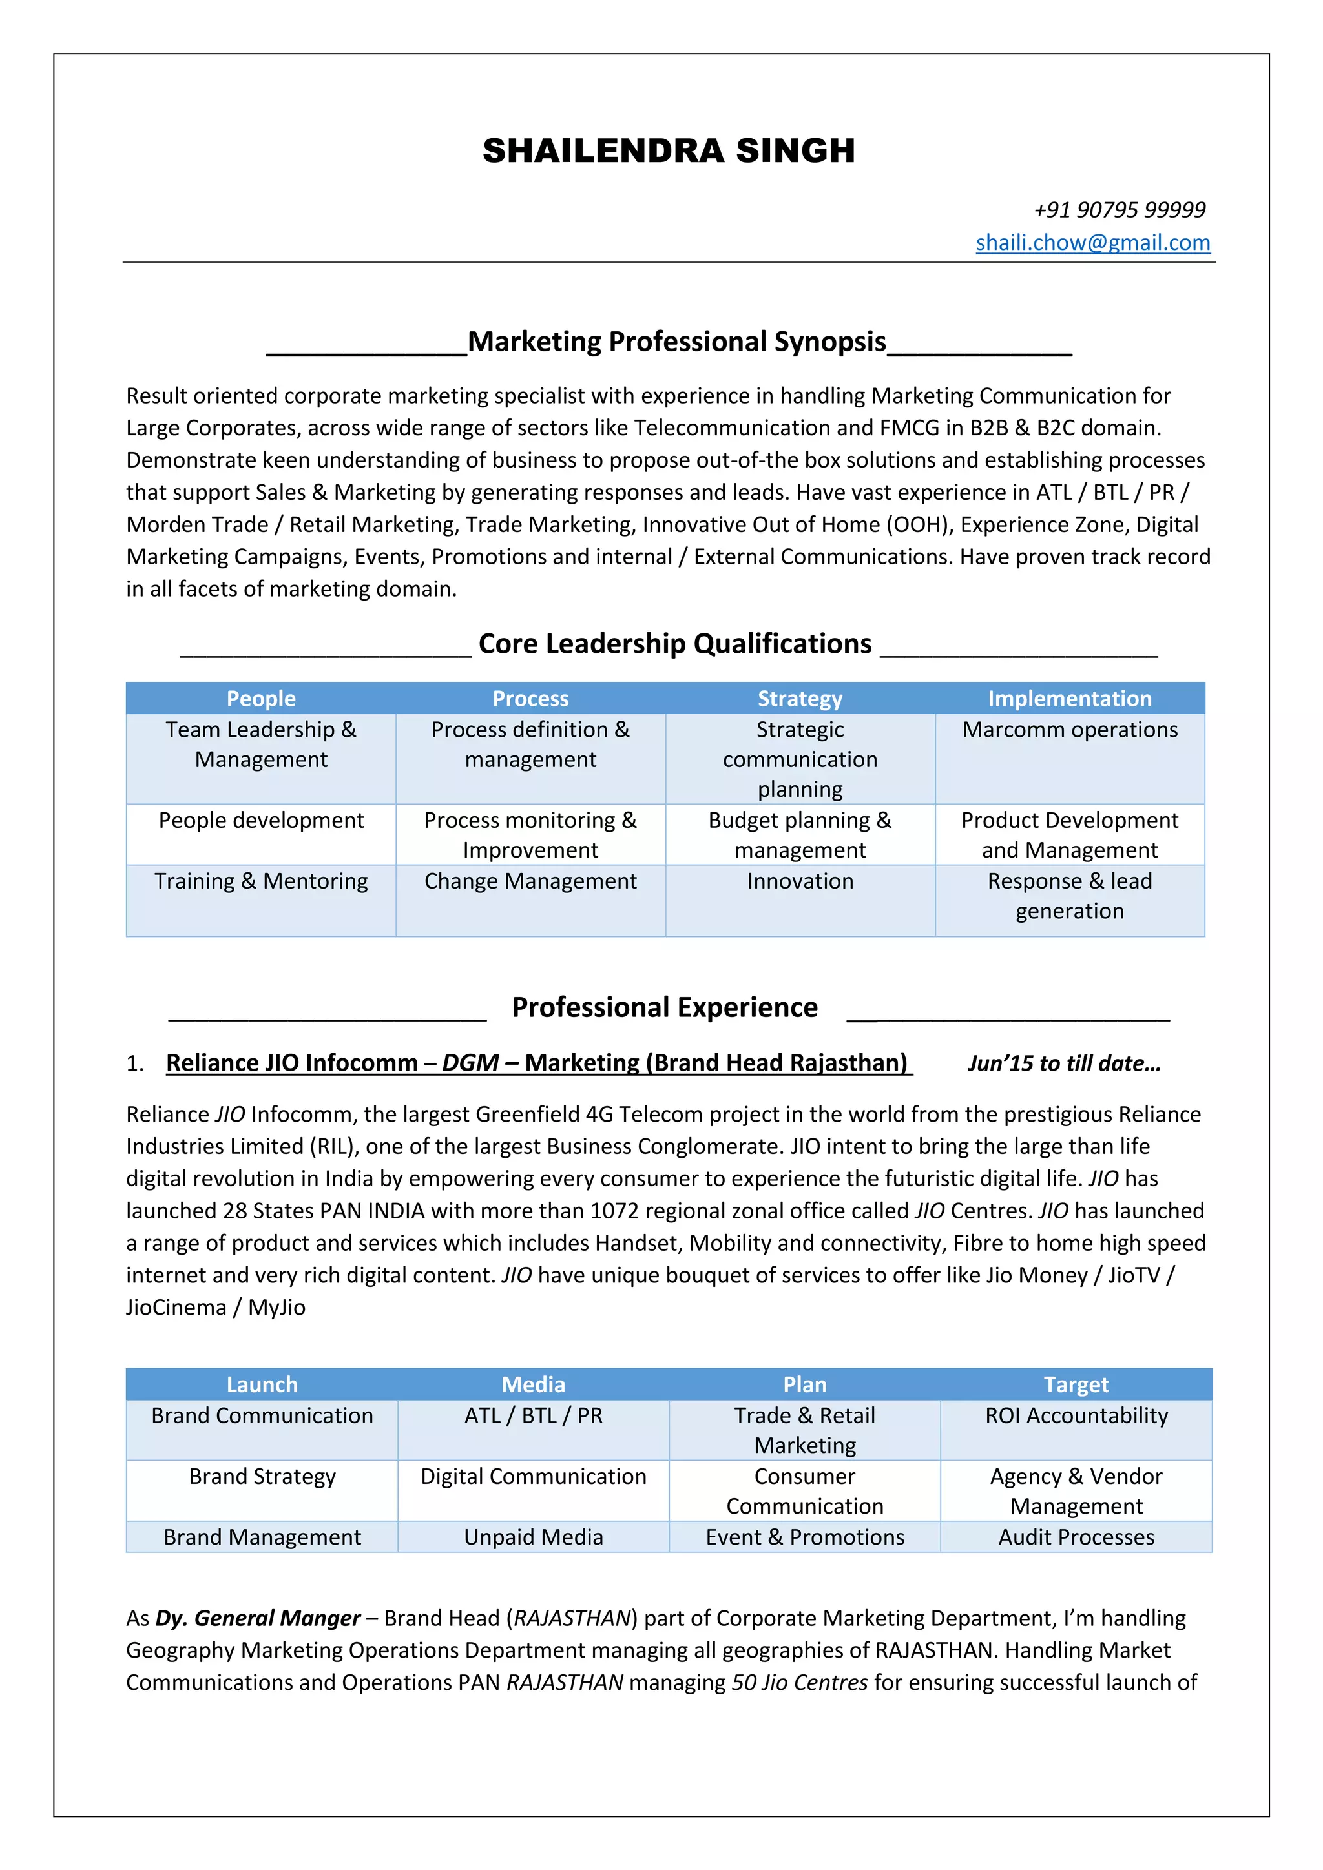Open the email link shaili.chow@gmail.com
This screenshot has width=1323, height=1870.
pyautogui.click(x=1092, y=243)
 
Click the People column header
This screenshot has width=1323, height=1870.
pyautogui.click(x=261, y=699)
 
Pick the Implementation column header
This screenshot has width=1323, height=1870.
pyautogui.click(x=1069, y=699)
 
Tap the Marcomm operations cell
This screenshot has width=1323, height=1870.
pyautogui.click(x=1069, y=730)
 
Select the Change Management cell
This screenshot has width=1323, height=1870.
pyautogui.click(x=530, y=881)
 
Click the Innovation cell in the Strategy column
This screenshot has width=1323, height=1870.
pyautogui.click(x=800, y=881)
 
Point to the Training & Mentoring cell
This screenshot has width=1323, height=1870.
pyautogui.click(x=261, y=881)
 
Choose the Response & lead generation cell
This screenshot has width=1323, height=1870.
pyautogui.click(x=1069, y=896)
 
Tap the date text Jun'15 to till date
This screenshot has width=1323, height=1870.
pyautogui.click(x=1063, y=1063)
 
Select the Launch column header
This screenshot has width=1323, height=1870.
pyautogui.click(x=262, y=1384)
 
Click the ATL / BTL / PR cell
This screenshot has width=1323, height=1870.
pyautogui.click(x=533, y=1415)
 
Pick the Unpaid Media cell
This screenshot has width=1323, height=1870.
pyautogui.click(x=533, y=1537)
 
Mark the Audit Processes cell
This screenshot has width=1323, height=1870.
pyautogui.click(x=1076, y=1537)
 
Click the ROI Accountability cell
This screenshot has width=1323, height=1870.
pyautogui.click(x=1076, y=1415)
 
